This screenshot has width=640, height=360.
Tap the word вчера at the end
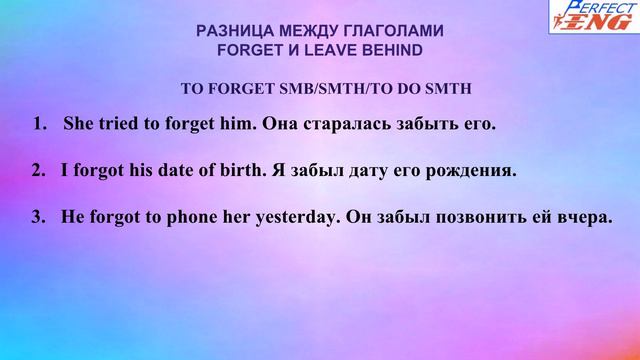click(583, 216)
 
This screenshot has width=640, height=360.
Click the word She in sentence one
click(79, 126)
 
